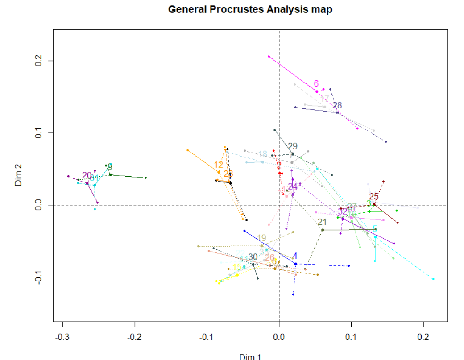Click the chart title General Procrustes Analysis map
(250, 9)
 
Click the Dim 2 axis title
(19, 176)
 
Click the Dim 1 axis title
(250, 356)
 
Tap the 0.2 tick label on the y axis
(38, 61)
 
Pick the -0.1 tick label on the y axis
(38, 277)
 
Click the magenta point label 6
(316, 84)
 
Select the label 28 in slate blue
(337, 106)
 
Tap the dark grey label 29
(293, 146)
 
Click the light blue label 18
(262, 154)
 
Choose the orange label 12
(219, 165)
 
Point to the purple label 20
(87, 175)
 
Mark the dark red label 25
(374, 197)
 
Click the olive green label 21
(323, 222)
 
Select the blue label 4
(295, 256)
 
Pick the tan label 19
(261, 238)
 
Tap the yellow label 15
(237, 267)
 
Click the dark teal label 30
(253, 257)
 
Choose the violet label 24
(293, 186)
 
